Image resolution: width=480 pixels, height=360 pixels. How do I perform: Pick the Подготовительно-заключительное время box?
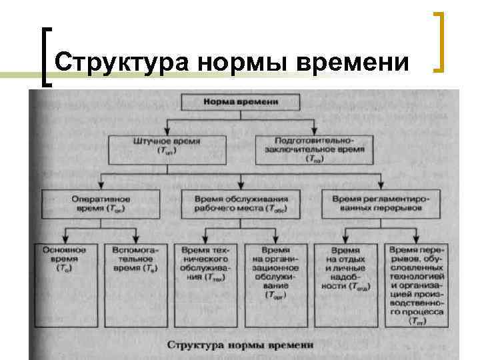tap(312, 149)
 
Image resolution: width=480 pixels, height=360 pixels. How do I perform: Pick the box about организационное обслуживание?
tap(275, 270)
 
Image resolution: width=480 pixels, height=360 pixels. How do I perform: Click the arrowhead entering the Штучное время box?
tap(167, 133)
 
